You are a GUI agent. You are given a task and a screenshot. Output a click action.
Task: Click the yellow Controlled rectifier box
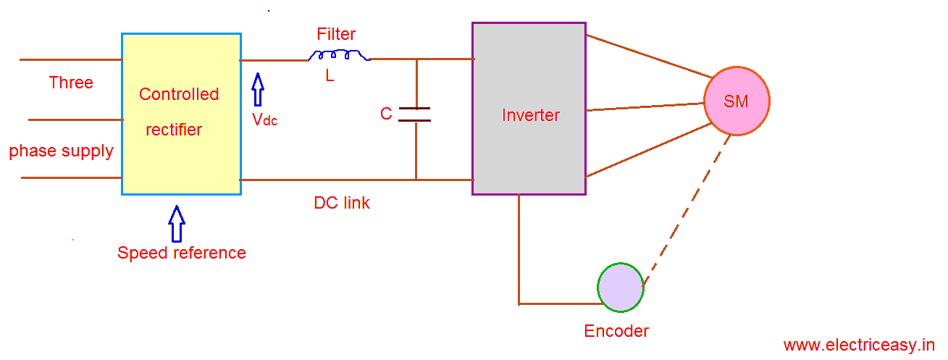(181, 114)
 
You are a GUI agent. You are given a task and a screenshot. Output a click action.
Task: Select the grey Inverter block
(529, 109)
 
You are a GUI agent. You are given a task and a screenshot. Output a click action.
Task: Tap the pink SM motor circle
(737, 101)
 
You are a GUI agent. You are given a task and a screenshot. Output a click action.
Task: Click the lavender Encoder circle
(621, 288)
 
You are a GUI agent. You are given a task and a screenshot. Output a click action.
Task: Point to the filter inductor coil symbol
(339, 56)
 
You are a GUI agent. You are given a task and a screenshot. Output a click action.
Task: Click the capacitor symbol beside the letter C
(416, 114)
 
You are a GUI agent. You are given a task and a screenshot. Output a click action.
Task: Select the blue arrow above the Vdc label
(258, 91)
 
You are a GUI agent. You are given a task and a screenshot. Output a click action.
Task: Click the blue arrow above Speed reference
(176, 223)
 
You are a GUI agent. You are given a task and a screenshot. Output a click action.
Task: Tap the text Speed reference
(182, 253)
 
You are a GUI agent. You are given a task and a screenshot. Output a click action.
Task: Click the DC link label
(342, 204)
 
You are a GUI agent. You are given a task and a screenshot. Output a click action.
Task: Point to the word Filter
(336, 34)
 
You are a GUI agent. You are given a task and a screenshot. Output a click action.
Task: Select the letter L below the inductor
(330, 75)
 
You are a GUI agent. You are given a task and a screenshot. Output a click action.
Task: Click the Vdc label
(264, 120)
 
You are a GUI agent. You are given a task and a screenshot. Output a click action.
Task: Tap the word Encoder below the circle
(616, 331)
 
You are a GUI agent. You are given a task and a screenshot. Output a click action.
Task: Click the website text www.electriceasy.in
(859, 346)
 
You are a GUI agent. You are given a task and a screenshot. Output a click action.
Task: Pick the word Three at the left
(71, 83)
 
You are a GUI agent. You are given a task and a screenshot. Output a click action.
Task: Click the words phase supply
(62, 151)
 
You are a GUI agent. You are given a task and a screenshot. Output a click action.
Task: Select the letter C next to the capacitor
(386, 114)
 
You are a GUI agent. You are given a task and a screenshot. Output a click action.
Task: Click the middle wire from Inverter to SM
(645, 107)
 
